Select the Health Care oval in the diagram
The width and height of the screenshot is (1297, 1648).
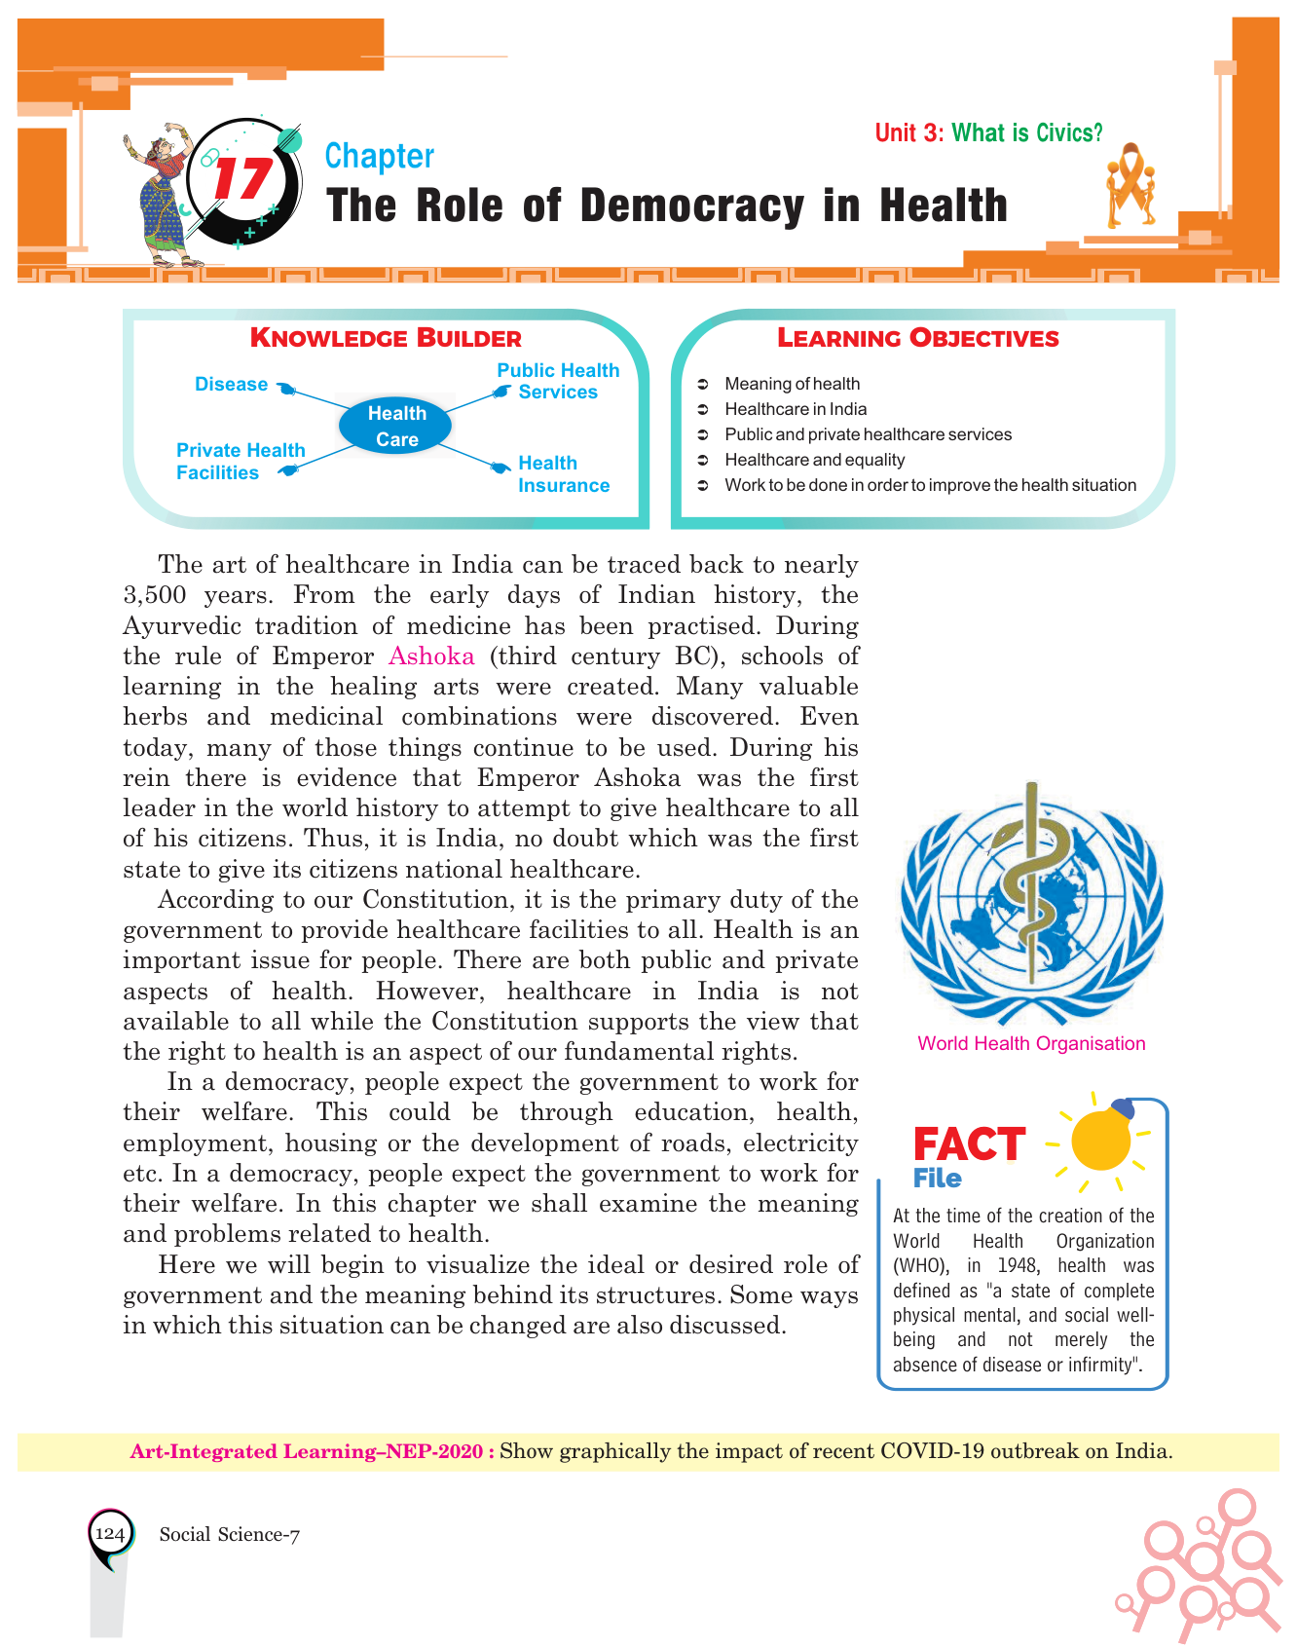396,426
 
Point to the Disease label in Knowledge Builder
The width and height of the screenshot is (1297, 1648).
231,385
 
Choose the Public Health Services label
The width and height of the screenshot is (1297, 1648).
558,381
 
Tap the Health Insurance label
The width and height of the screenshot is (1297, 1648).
563,474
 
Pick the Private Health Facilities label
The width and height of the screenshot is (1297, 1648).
241,462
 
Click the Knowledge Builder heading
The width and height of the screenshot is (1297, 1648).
386,338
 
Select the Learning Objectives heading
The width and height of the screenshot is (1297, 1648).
917,338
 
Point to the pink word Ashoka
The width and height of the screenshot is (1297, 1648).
431,655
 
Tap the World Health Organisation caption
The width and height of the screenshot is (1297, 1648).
1031,1043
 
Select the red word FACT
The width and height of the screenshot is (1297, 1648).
968,1144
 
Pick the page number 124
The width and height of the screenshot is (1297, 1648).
110,1534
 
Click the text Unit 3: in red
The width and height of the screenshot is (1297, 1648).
908,132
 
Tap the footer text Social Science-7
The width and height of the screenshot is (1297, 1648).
230,1535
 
